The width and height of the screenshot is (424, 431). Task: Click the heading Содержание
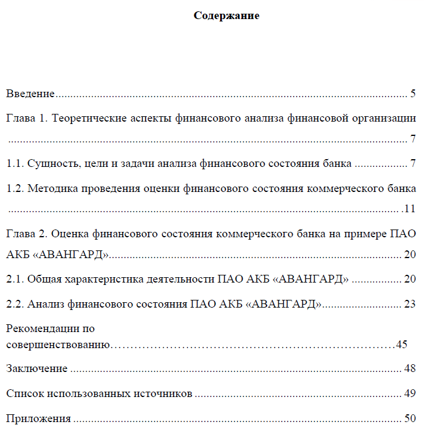tap(226, 16)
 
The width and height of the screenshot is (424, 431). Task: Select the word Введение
tap(30, 94)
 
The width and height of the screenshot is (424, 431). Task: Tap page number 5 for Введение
tap(413, 94)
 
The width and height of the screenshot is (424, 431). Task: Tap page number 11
tap(410, 209)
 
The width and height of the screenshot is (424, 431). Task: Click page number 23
tap(409, 303)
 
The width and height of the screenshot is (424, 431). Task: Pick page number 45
tap(401, 345)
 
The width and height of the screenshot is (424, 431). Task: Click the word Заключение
tap(36, 368)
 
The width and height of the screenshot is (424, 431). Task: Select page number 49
tap(409, 393)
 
